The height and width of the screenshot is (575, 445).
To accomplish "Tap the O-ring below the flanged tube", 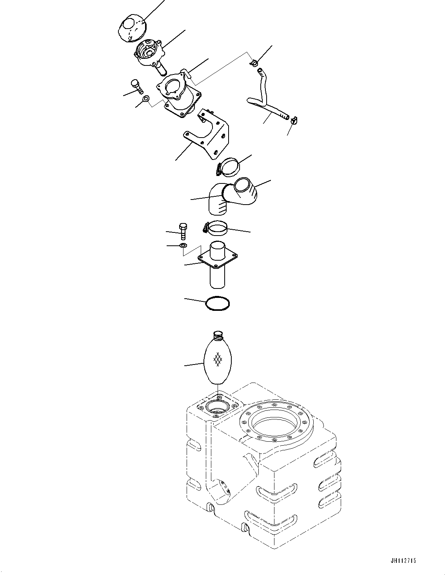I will click(218, 304).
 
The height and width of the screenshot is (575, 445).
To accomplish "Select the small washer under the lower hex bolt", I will click(183, 246).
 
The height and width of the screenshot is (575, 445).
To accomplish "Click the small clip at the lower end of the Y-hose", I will click(294, 120).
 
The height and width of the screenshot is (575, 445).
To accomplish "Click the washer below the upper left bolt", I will click(146, 98).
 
